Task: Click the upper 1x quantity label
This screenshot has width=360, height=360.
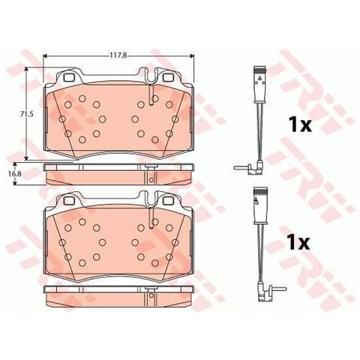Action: click(x=299, y=124)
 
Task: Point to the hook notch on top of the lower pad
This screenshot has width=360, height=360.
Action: click(x=152, y=197)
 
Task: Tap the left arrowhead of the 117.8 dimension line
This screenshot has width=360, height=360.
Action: click(x=47, y=57)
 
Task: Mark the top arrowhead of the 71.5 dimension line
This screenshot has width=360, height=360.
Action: click(x=27, y=68)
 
